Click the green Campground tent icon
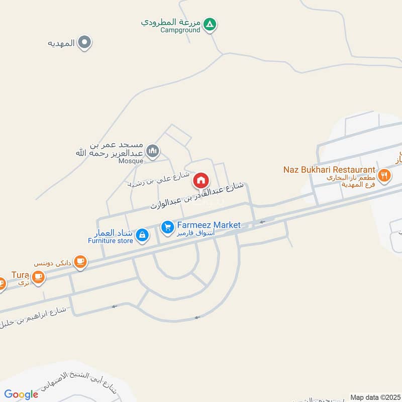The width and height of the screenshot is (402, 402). point(211,24)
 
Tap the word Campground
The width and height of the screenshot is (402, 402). point(180,30)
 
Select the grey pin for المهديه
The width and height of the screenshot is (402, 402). point(85,43)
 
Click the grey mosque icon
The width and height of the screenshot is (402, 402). point(153,150)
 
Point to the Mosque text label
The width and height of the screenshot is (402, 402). point(130,161)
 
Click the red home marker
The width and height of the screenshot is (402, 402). point(201,179)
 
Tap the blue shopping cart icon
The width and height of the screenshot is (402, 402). point(167,228)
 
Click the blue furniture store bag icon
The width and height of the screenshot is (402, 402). point(142,235)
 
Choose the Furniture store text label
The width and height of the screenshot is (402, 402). point(111,241)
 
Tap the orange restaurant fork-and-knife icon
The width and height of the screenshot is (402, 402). point(384,175)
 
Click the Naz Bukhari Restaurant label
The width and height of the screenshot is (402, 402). point(330,170)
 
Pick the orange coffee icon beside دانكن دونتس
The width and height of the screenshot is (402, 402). point(80,261)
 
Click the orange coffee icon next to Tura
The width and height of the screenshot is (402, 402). point(38,276)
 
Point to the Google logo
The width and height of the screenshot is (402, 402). point(21,394)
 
